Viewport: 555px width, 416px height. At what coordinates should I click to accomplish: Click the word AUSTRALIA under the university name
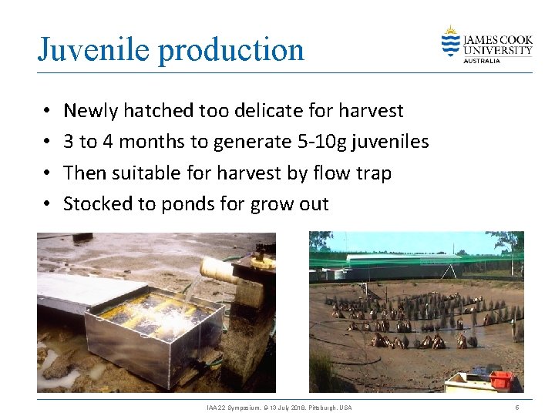click(x=482, y=61)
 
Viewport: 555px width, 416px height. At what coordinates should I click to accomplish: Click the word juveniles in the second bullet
click(x=392, y=142)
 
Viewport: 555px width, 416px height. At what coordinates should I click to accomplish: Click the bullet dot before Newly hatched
click(x=48, y=112)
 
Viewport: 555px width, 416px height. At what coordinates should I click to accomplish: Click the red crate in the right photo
click(x=501, y=379)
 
